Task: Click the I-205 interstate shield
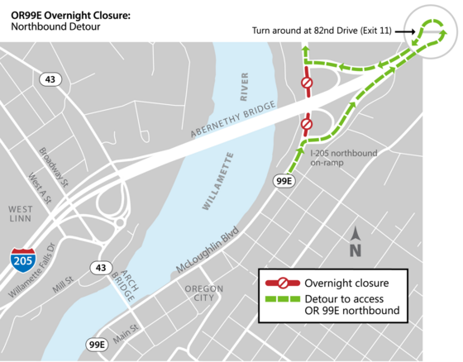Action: click(x=23, y=260)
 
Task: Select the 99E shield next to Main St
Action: click(x=96, y=345)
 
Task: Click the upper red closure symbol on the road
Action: click(x=306, y=83)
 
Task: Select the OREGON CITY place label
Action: click(x=204, y=293)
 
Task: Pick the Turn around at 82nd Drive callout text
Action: click(x=322, y=31)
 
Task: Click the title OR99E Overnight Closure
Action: click(x=70, y=14)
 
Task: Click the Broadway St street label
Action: click(x=55, y=165)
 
